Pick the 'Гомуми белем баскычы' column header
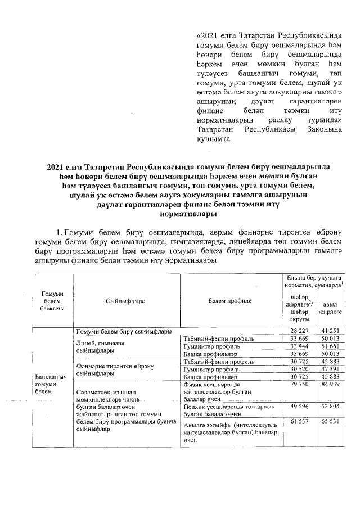(52, 301)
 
